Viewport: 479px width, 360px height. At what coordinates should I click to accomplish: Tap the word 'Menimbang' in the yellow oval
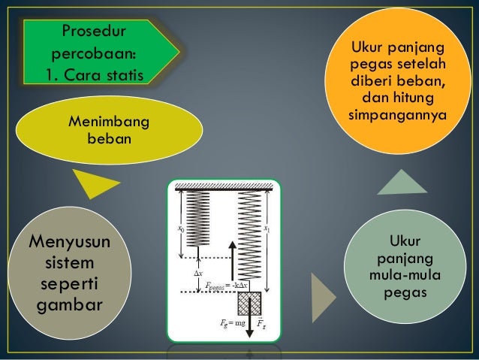point(108,122)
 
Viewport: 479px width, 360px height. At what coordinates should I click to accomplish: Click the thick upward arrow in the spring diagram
point(232,259)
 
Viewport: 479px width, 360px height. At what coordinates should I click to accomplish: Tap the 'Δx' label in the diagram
point(198,274)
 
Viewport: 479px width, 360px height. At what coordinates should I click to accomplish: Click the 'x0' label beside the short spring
point(181,225)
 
